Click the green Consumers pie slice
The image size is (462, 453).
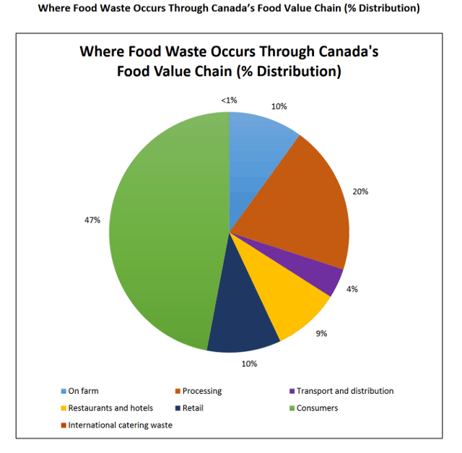click(166, 231)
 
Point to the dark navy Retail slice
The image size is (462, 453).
click(242, 318)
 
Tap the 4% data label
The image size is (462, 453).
click(352, 289)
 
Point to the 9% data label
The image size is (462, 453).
click(322, 334)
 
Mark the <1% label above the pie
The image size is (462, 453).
click(228, 101)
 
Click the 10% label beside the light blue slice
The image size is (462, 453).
click(279, 106)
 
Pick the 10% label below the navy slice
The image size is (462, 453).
click(249, 363)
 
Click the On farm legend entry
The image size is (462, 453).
click(83, 391)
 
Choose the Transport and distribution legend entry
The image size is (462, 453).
click(345, 391)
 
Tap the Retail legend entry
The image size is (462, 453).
click(193, 408)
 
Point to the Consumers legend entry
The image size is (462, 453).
click(317, 408)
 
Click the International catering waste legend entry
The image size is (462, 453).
click(120, 425)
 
